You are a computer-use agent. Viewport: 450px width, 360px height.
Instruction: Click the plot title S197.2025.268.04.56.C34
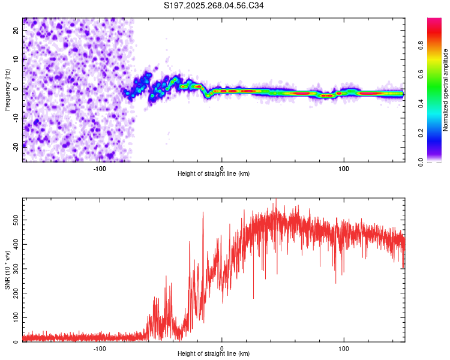[214, 5]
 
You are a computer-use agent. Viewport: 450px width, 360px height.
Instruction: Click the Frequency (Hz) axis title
[7, 90]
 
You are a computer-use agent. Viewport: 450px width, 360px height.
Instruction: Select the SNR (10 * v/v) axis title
[7, 270]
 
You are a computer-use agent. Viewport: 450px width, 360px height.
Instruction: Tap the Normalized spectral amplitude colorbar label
[445, 90]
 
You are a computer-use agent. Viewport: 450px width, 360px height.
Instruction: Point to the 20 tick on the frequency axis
[16, 30]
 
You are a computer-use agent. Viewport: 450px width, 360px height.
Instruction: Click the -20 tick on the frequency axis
[16, 147]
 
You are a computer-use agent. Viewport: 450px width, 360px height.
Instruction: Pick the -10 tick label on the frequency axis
[16, 118]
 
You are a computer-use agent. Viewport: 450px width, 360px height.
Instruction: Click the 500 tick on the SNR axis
[16, 220]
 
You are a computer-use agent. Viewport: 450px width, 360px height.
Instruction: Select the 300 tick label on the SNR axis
[16, 269]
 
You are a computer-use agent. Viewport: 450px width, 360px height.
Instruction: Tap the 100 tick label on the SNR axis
[16, 317]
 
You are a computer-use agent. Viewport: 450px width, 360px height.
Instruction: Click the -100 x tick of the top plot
[100, 169]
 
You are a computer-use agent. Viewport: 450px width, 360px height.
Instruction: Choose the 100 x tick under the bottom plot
[344, 349]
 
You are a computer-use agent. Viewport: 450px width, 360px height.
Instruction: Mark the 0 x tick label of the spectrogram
[221, 169]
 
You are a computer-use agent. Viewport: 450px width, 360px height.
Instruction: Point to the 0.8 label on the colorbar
[421, 45]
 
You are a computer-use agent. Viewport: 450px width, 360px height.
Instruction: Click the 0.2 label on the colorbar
[421, 133]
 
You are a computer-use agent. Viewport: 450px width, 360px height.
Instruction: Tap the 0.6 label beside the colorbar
[421, 74]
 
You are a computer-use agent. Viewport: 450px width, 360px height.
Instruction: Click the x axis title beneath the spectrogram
[214, 173]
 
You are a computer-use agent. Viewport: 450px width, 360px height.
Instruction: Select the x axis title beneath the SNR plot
[214, 353]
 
